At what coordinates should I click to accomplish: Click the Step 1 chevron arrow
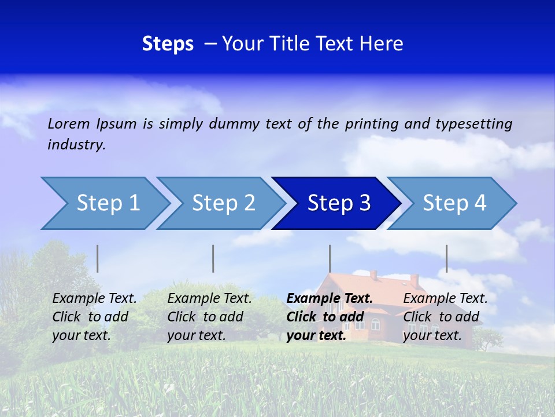tap(108, 203)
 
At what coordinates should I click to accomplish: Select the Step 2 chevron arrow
tap(223, 203)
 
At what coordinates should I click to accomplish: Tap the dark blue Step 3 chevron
tap(339, 203)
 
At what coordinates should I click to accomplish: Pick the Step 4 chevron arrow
tap(454, 203)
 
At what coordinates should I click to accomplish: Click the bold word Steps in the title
tap(168, 44)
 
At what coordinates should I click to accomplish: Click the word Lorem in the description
tap(69, 123)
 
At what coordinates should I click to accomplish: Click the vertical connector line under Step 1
tap(98, 258)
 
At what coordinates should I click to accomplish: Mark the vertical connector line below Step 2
tap(213, 258)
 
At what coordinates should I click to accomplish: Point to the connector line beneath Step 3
tap(330, 258)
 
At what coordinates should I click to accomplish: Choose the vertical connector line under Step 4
tap(446, 258)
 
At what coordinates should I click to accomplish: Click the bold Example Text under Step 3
tap(330, 299)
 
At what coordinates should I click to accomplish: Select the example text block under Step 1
tap(94, 317)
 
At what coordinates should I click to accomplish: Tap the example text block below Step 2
tap(209, 317)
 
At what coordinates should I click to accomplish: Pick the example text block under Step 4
tap(445, 317)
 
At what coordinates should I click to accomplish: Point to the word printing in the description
tap(372, 123)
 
